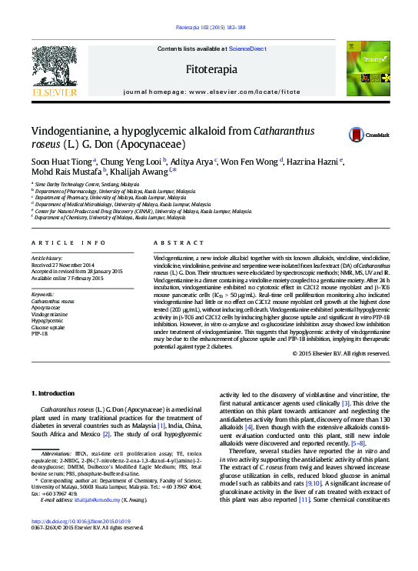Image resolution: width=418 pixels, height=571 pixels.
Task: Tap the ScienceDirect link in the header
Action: click(x=247, y=48)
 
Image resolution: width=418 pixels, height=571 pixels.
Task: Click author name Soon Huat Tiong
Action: click(x=61, y=162)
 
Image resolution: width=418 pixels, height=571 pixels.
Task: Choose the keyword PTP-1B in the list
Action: click(x=39, y=334)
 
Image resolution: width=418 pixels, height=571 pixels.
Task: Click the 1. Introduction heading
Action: click(x=53, y=393)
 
